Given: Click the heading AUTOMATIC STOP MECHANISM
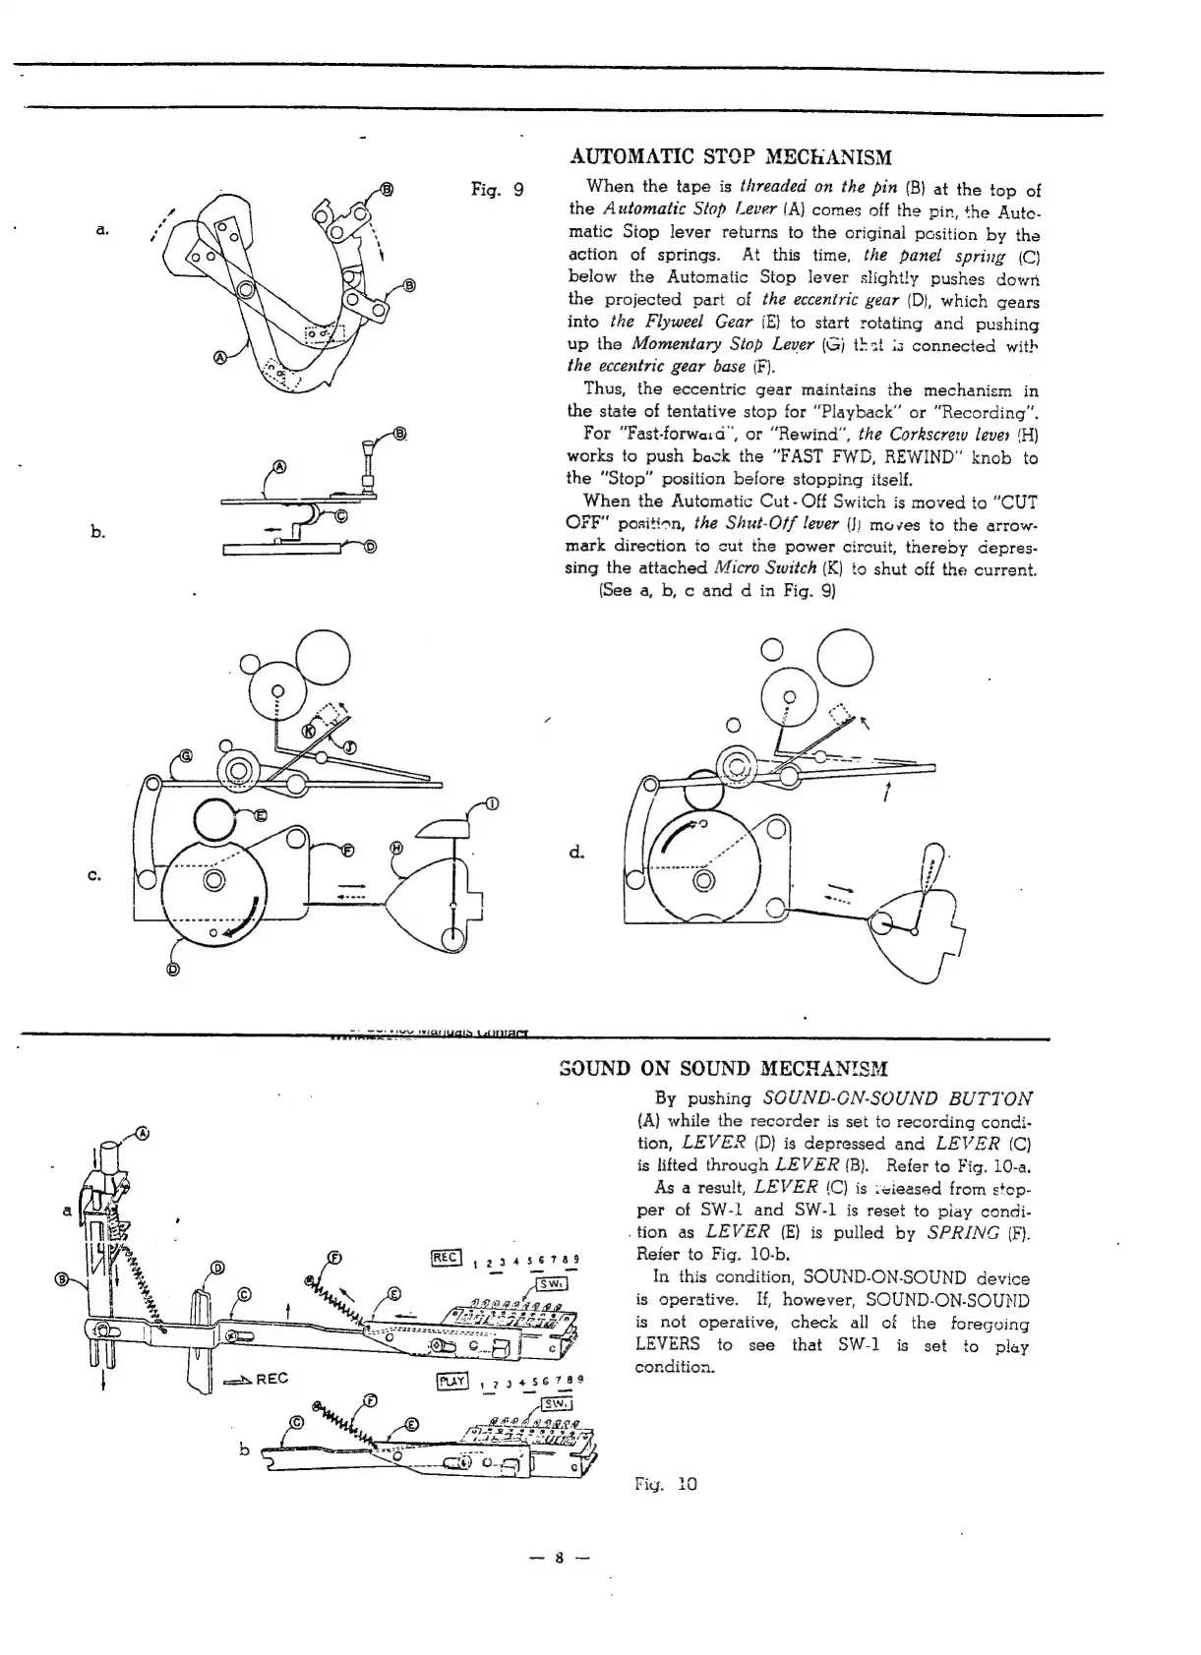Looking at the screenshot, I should coord(731,157).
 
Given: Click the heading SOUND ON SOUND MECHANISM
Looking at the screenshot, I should coord(723,1069).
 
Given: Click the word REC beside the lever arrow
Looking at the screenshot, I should coord(270,1379).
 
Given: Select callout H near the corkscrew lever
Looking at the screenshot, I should coord(396,848).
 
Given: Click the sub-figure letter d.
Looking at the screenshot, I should coord(576,852).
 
